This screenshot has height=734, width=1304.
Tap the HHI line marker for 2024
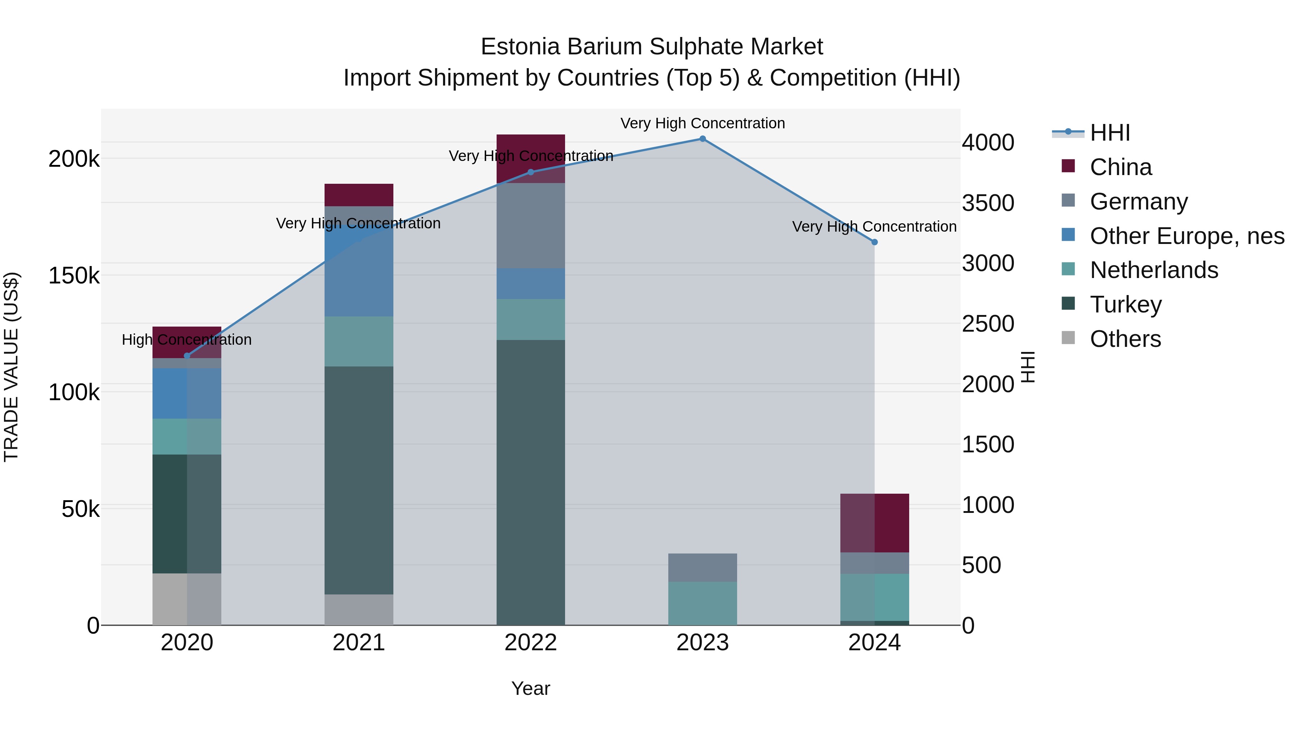(874, 242)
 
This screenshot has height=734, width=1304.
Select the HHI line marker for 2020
(187, 356)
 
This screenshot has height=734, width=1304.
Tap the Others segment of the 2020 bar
(187, 599)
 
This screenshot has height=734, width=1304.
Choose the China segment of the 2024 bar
(874, 523)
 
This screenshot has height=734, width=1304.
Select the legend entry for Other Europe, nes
(1187, 236)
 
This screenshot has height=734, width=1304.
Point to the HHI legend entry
(1109, 133)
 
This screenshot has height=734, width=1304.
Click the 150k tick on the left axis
(74, 276)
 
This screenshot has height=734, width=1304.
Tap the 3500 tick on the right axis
(988, 203)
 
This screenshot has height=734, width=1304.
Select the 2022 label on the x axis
(531, 643)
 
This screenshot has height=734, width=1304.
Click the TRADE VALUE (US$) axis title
(11, 367)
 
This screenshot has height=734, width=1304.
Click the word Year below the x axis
(531, 688)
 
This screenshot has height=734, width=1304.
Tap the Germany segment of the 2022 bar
(531, 225)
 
